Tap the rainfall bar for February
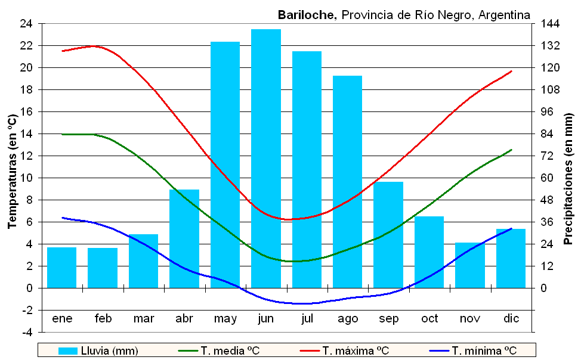[x=103, y=268]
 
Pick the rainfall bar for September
[x=388, y=235]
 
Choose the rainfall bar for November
[x=470, y=265]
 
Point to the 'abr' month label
[x=184, y=319]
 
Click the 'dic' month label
[x=511, y=319]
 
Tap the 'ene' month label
[x=62, y=319]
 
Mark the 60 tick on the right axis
[x=548, y=178]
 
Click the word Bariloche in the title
[x=307, y=15]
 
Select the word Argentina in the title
[x=506, y=15]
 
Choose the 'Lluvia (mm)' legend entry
[x=99, y=350]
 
